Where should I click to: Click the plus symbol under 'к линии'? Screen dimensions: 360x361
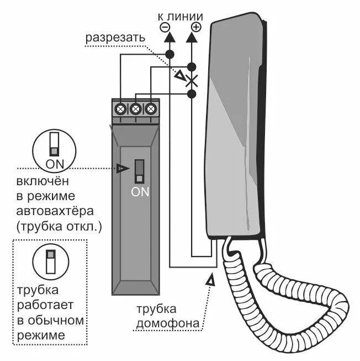pyautogui.click(x=195, y=26)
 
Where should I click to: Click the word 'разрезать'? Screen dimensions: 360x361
pyautogui.click(x=115, y=38)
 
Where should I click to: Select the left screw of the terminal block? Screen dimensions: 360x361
pyautogui.click(x=121, y=109)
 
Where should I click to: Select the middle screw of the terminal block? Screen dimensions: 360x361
pyautogui.click(x=135, y=109)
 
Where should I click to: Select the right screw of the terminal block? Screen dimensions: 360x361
pyautogui.click(x=150, y=109)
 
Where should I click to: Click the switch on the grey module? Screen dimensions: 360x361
pyautogui.click(x=139, y=171)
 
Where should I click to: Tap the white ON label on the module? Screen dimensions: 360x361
pyautogui.click(x=140, y=192)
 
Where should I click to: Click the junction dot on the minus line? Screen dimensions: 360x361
pyautogui.click(x=169, y=54)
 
